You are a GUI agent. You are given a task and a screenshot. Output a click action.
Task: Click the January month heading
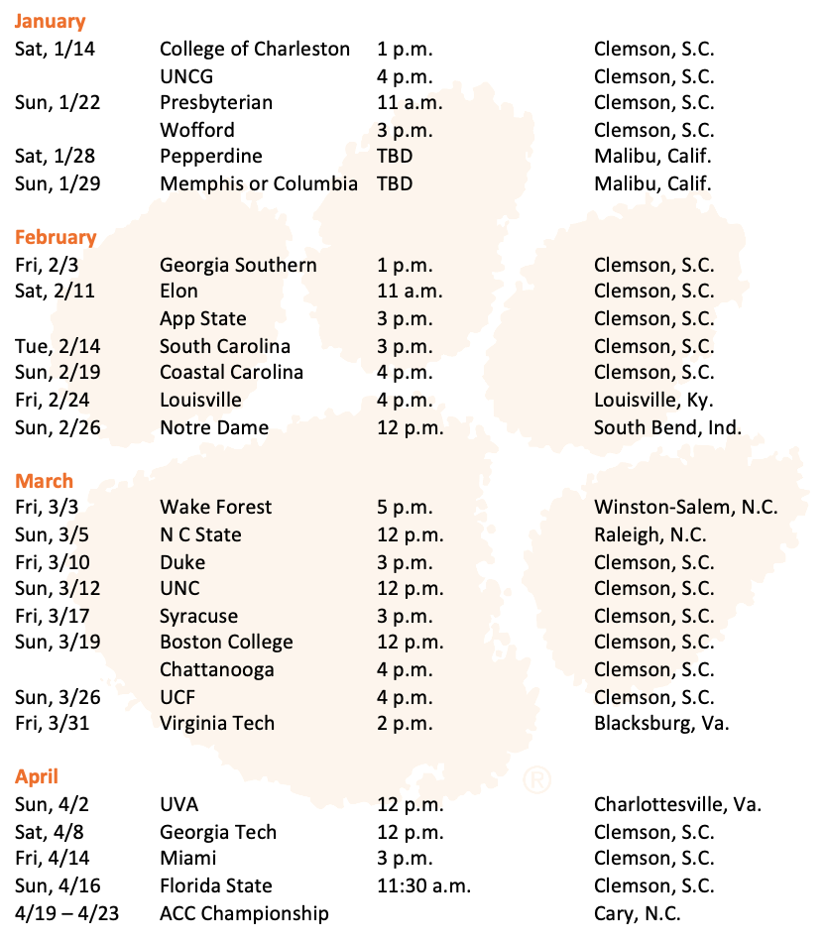point(50,21)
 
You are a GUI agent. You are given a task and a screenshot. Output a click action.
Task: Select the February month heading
point(56,237)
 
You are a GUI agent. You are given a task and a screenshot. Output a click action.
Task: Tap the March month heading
point(44,481)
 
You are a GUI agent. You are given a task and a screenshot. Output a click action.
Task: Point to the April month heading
point(37,776)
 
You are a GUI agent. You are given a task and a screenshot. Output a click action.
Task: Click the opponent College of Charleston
point(255,49)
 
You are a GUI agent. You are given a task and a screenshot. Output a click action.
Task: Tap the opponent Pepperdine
point(211,156)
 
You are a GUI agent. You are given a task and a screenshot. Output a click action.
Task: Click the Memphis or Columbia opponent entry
point(259,183)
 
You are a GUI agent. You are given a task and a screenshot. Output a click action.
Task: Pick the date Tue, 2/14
point(58,346)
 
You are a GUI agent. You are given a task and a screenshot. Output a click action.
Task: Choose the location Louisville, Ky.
point(653,400)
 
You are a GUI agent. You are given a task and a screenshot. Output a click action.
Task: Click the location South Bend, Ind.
point(667,427)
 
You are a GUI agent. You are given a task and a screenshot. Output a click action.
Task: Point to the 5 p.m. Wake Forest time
point(405,507)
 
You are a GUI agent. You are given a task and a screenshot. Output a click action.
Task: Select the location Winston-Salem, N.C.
point(686,507)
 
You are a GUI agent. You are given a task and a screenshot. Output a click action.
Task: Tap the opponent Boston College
point(226,642)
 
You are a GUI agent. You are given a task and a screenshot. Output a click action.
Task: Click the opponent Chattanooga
point(217,669)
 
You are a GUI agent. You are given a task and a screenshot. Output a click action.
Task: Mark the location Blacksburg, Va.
point(661,723)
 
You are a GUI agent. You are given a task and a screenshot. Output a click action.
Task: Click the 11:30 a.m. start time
point(423,885)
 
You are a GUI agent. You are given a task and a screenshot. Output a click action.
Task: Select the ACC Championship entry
point(244,913)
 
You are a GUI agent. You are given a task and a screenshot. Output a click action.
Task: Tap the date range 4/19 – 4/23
point(66,913)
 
